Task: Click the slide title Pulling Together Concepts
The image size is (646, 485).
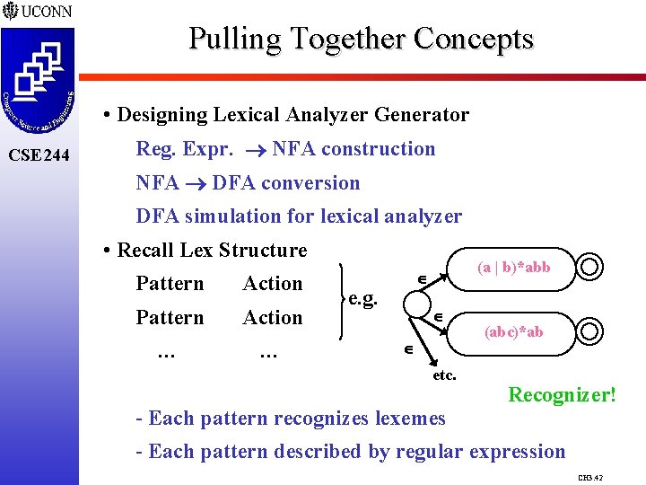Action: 361,39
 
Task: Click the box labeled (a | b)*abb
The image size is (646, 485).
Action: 513,268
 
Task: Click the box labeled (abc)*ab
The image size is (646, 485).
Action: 514,332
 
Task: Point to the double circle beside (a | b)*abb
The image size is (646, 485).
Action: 590,268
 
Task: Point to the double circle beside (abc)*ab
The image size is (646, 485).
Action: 590,333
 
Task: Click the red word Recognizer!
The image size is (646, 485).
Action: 563,393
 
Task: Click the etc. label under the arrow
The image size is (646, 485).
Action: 445,375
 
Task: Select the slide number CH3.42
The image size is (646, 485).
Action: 589,476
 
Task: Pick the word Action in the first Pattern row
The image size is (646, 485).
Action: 273,284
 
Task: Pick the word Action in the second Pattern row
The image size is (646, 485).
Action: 273,318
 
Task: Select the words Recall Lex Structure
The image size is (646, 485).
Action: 212,251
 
